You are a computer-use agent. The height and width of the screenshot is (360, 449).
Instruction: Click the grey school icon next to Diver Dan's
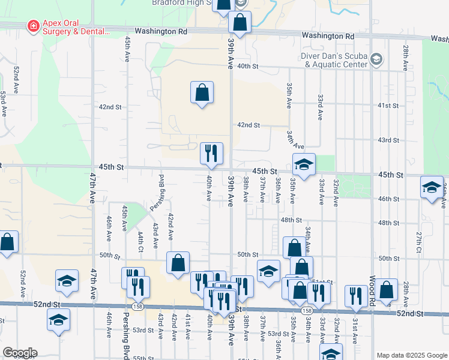pyautogui.click(x=376, y=59)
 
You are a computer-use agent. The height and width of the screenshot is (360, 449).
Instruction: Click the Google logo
pyautogui.click(x=20, y=353)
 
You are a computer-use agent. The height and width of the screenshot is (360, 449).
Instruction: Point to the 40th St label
pyautogui.click(x=247, y=66)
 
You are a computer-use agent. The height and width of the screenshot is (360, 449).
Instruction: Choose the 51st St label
pyautogui.click(x=324, y=282)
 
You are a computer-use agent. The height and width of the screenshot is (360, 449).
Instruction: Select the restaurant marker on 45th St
pyautogui.click(x=211, y=154)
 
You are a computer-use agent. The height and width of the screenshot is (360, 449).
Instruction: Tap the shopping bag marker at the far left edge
pyautogui.click(x=7, y=243)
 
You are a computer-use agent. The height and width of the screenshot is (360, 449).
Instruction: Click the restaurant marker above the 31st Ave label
pyautogui.click(x=357, y=296)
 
